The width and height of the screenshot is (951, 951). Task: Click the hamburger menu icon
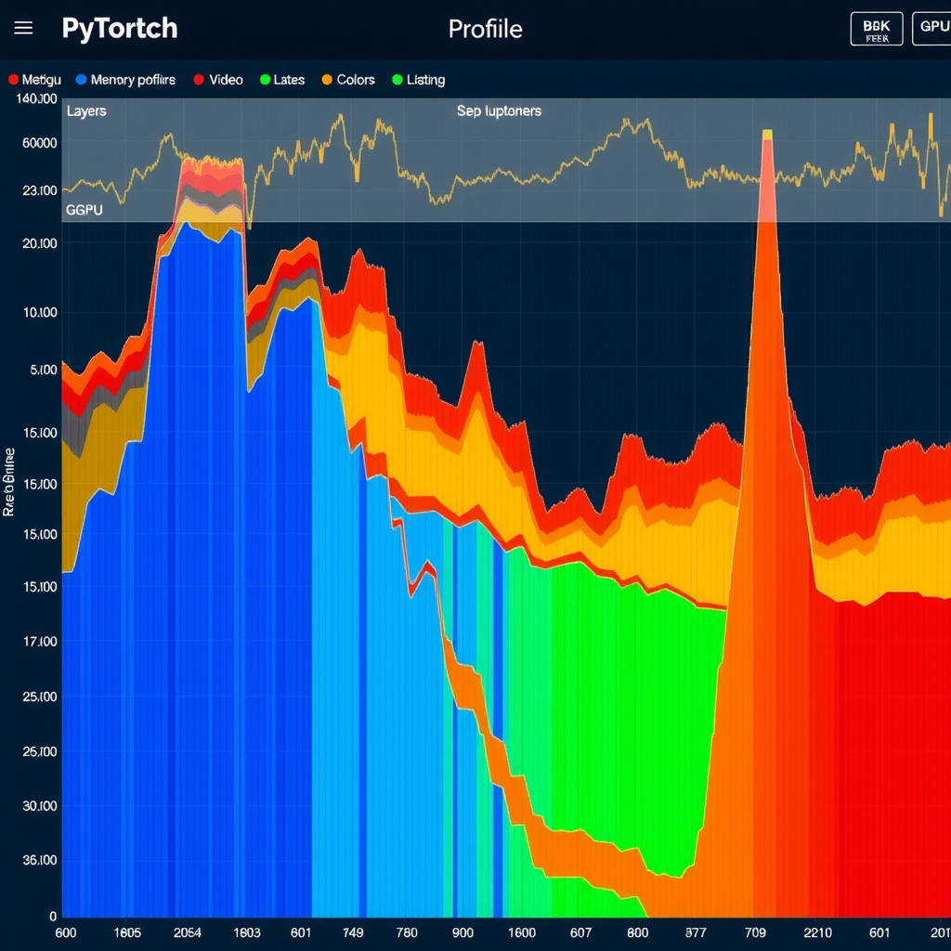pyautogui.click(x=23, y=28)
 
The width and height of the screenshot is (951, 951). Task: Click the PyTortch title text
pyautogui.click(x=120, y=28)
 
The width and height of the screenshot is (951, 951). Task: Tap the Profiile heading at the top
pyautogui.click(x=485, y=29)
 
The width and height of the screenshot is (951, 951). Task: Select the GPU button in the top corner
pyautogui.click(x=931, y=28)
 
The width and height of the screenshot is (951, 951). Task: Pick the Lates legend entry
pyautogui.click(x=282, y=80)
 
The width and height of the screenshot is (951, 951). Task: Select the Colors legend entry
pyautogui.click(x=348, y=80)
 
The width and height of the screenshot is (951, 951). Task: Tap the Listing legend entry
pyautogui.click(x=419, y=80)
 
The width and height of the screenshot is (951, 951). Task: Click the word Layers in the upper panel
pyautogui.click(x=86, y=111)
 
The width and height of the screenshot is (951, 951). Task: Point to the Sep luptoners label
pyautogui.click(x=499, y=111)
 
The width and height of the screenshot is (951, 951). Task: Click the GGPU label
pyautogui.click(x=84, y=211)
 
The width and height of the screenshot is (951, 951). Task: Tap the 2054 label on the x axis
pyautogui.click(x=188, y=932)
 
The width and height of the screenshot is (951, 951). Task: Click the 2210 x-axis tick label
pyautogui.click(x=817, y=932)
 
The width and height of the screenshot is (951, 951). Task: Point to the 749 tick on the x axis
pyautogui.click(x=352, y=932)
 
